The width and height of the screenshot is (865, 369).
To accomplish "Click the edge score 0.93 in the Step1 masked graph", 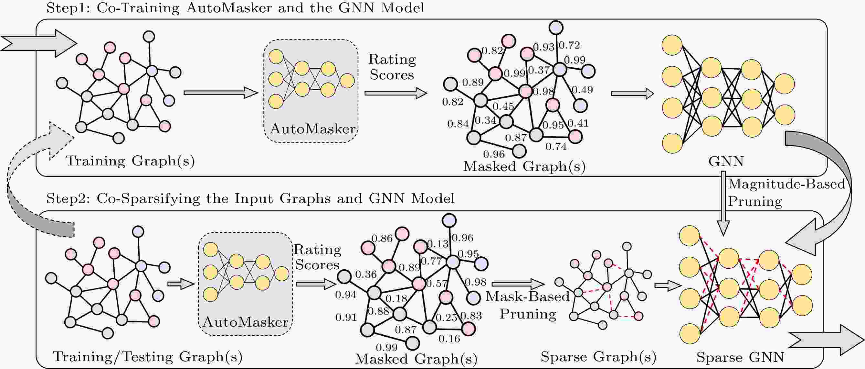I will coord(543,47).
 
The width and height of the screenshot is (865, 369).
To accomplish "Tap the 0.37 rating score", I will coord(539,70).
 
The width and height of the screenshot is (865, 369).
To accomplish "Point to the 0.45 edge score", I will coord(503,106).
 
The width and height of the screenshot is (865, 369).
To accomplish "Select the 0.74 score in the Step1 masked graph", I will coord(556,147).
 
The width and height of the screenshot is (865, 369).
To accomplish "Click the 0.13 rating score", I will coord(438,244).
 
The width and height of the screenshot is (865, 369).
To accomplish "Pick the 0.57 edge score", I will coord(437,284).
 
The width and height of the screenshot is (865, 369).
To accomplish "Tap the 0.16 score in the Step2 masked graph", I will coord(449,339).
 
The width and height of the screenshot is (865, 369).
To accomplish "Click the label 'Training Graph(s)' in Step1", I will coord(130,161).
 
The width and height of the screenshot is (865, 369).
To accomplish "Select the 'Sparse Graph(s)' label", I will coord(598,357).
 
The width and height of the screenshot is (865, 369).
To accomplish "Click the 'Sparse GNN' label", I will coord(740,357).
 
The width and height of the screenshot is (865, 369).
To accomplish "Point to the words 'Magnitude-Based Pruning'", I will coord(786,193).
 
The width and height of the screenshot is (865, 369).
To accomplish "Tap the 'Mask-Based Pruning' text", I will coord(528,305).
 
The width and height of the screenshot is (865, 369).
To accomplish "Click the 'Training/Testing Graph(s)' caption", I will coord(147,357).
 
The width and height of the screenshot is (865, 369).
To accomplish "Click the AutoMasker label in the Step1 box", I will coord(312,129).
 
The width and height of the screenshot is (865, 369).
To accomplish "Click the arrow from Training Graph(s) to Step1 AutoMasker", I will coord(220,93).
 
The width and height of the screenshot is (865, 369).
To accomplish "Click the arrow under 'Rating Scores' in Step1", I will coord(396,93).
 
